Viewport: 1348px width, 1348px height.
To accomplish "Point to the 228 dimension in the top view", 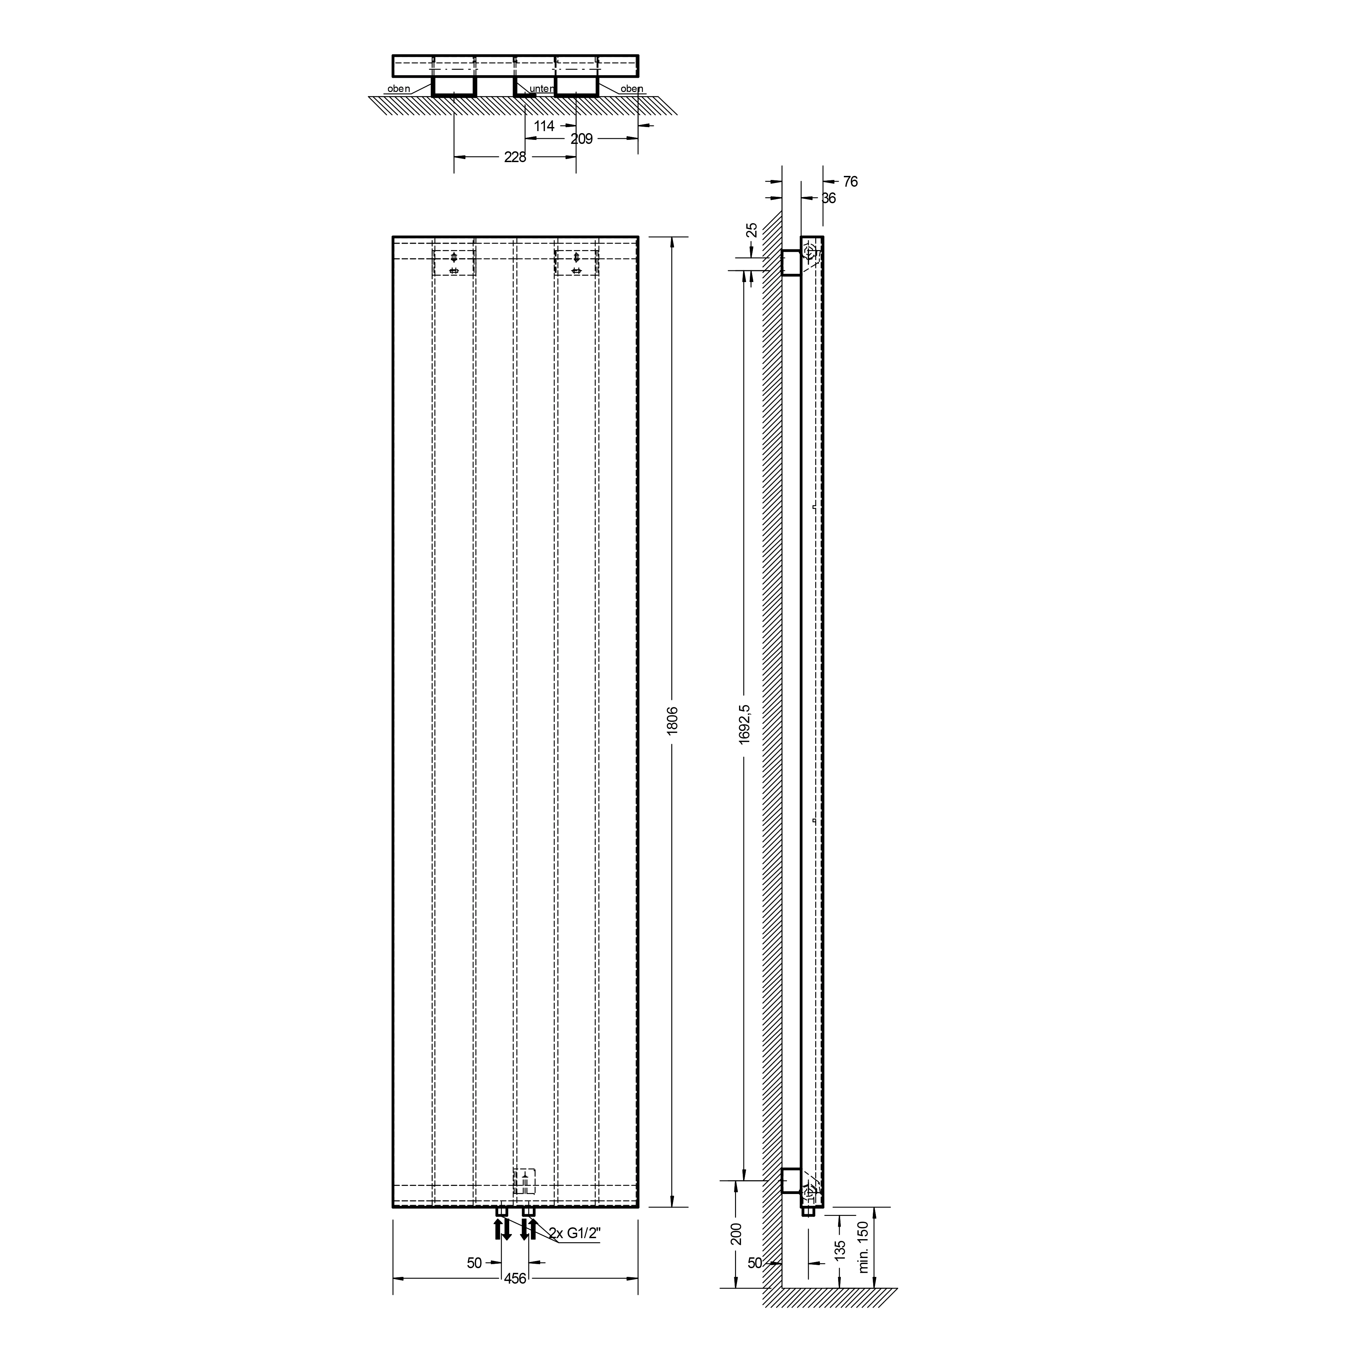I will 515,157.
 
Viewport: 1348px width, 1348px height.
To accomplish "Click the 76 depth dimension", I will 850,181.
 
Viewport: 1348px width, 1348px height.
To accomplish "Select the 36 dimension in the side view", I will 828,198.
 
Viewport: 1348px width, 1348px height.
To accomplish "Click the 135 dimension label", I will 840,1249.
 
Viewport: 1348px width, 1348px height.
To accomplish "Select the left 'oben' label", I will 398,89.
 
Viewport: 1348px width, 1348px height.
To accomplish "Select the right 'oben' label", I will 632,89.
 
